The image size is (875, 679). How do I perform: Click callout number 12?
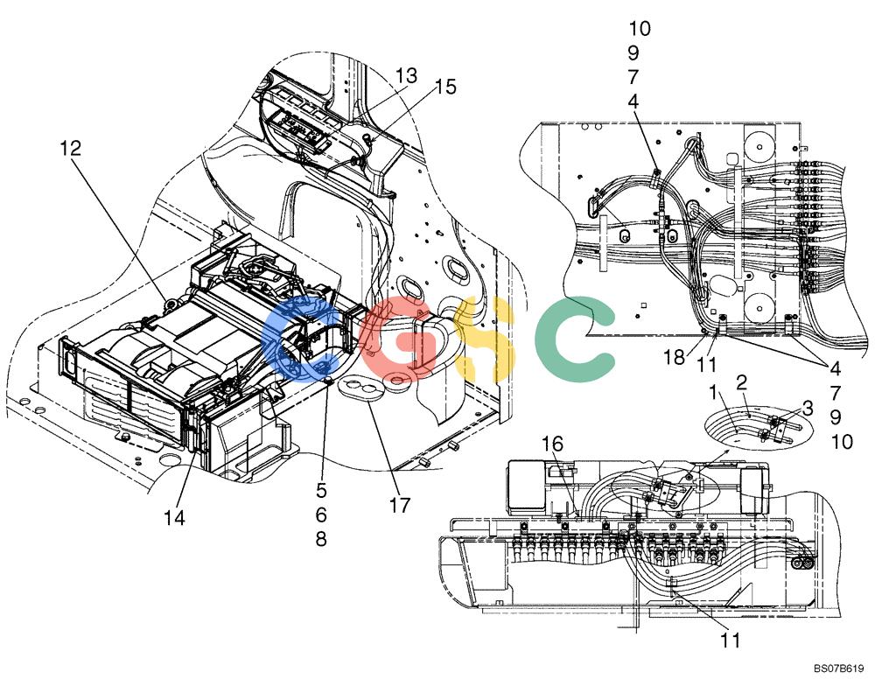tap(71, 148)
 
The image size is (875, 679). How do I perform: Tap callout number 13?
tap(407, 75)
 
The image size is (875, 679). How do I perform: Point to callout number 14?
tap(174, 518)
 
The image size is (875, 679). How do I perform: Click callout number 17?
tap(400, 506)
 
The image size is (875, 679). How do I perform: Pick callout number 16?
tap(552, 444)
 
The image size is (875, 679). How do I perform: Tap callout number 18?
tap(674, 357)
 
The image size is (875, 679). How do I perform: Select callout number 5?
tap(321, 490)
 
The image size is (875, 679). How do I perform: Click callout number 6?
tap(321, 515)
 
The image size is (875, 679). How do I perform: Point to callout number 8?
tap(321, 540)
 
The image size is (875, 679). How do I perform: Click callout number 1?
tap(713, 392)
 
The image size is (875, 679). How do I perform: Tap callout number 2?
tap(742, 382)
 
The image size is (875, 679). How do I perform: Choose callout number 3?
tap(808, 408)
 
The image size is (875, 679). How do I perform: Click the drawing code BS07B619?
tap(842, 668)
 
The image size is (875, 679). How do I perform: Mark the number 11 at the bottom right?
tap(730, 640)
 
